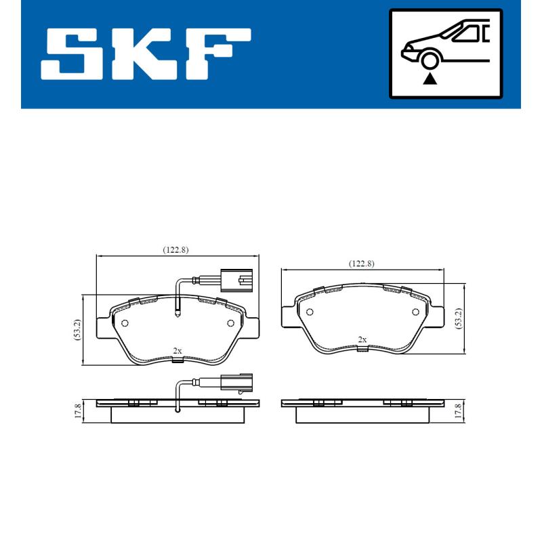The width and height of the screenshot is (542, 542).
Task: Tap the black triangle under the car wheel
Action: pos(429,79)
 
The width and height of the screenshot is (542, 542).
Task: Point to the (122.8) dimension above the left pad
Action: pos(175,249)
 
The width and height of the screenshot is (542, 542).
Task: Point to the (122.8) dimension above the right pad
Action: pos(361,264)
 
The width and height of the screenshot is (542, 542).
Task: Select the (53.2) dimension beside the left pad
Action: pos(78,330)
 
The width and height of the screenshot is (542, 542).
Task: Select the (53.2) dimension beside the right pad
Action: pos(458,318)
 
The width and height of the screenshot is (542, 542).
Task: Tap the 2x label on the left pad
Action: pos(177,350)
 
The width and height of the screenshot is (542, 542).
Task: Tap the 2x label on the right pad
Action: pos(362,339)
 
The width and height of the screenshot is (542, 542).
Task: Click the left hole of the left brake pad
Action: pos(125,322)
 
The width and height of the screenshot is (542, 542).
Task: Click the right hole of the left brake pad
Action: pos(230,322)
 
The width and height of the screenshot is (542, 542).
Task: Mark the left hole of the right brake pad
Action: pos(310,312)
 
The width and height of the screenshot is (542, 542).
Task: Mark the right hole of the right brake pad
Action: pos(415,312)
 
